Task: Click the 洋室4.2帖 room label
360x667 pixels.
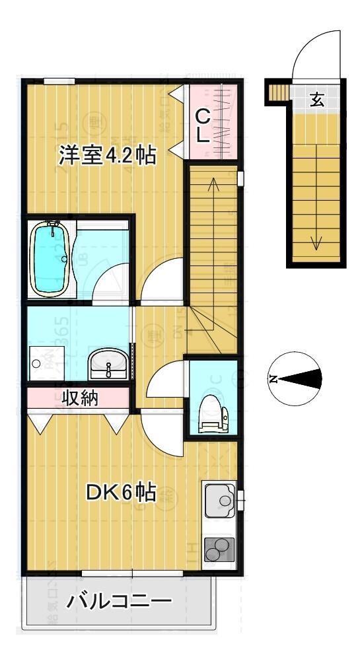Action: tap(108, 156)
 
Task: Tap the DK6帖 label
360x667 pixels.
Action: tap(122, 492)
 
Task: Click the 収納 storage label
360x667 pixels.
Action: tap(81, 398)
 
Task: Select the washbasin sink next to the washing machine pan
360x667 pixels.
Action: tap(107, 365)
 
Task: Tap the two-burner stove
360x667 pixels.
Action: tap(220, 548)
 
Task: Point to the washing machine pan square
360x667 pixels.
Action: tap(44, 363)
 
